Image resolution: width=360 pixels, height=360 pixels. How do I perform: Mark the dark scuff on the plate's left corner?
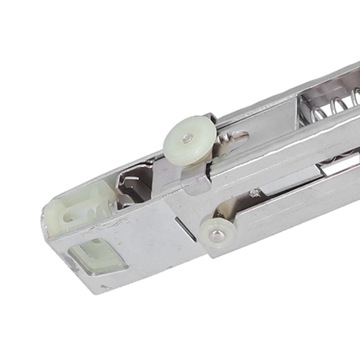coord(70,261)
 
